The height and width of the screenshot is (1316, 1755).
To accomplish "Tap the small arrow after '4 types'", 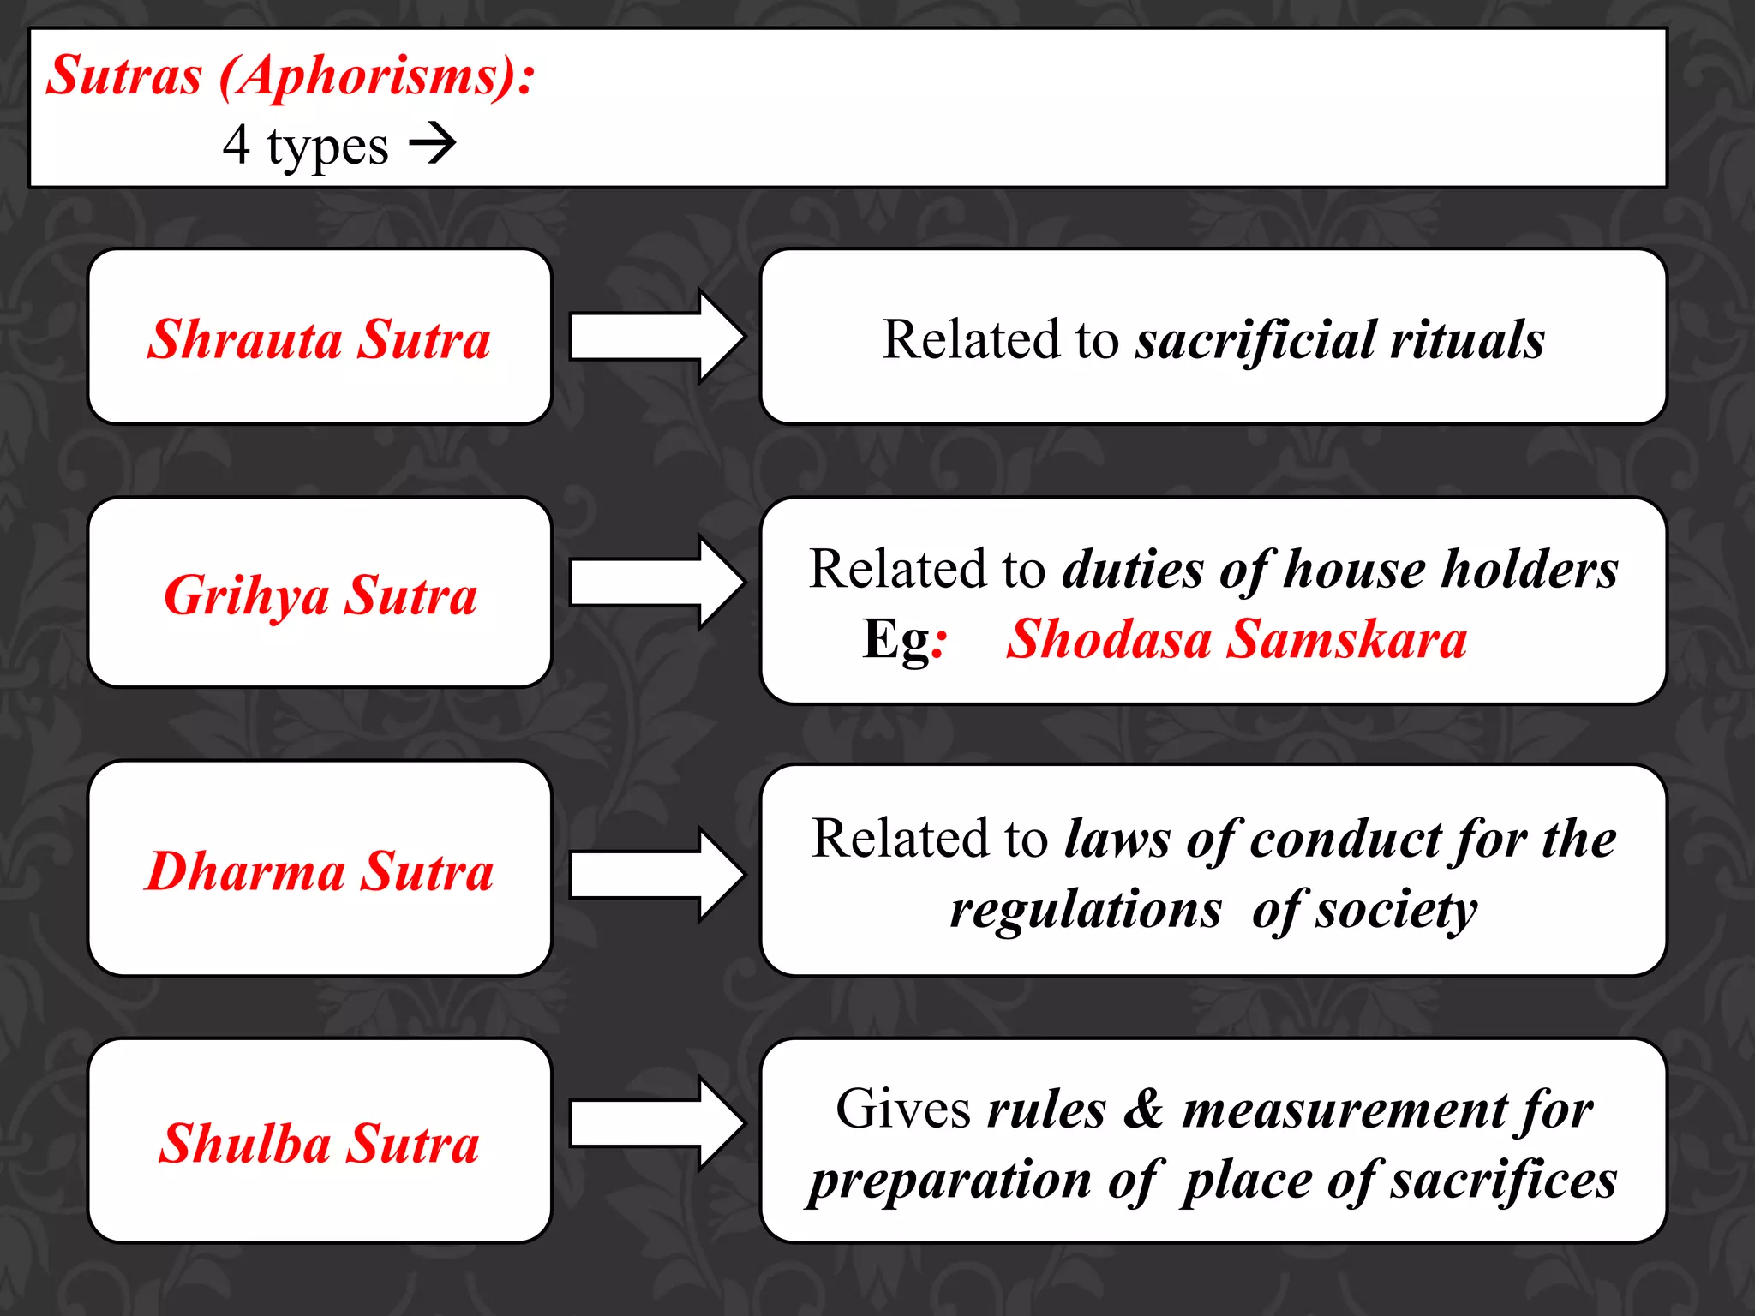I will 433,144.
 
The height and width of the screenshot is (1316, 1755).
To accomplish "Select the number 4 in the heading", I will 237,144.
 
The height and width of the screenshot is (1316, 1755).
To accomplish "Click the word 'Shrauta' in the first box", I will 244,339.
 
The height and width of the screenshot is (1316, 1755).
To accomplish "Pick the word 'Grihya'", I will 246,595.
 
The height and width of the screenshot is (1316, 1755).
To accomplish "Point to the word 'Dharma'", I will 245,871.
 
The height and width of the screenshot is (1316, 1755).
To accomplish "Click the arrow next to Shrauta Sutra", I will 656,337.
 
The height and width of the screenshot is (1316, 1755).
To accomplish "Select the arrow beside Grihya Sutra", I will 656,583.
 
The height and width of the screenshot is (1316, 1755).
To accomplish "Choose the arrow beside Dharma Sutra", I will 656,875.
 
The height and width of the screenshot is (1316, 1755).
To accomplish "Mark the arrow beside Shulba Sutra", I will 656,1123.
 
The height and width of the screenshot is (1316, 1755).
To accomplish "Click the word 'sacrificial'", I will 1255,339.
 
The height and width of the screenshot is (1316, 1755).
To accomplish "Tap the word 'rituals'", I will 1467,339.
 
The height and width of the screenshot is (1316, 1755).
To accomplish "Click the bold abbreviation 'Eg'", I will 895,639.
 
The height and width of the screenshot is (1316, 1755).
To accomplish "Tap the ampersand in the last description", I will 1143,1109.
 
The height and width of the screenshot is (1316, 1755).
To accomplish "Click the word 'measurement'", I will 1343,1109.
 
